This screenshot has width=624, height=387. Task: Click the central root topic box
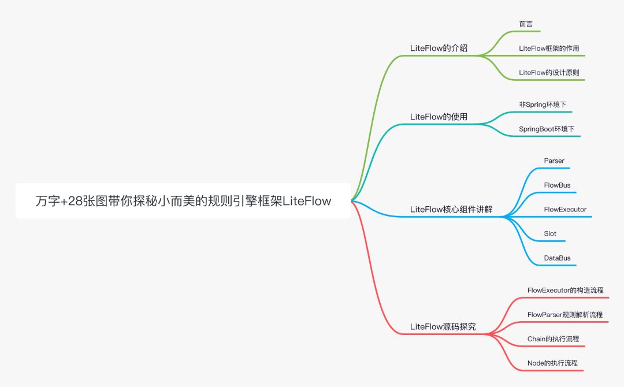click(183, 201)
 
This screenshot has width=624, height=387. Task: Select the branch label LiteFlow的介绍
click(439, 49)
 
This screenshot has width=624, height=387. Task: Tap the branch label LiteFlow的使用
click(439, 117)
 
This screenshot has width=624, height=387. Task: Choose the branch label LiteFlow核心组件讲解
click(451, 209)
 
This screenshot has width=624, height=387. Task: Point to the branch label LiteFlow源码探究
click(443, 326)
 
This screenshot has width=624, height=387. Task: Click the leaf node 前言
click(526, 24)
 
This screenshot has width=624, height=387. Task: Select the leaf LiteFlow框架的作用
click(549, 49)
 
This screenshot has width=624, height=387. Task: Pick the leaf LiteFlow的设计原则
click(549, 73)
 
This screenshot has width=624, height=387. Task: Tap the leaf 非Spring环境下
click(542, 105)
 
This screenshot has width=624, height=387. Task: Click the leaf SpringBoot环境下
click(547, 129)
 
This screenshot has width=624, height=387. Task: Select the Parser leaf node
click(554, 161)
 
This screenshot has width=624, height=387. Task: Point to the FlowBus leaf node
click(557, 185)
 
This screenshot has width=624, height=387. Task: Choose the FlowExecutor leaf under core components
click(565, 209)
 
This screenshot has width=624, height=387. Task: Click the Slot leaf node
click(550, 233)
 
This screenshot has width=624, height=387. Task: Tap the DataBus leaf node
click(557, 258)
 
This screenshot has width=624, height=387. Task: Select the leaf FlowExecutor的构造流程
click(565, 290)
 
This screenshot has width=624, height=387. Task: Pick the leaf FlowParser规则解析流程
click(564, 314)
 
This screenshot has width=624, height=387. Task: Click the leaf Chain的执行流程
click(553, 338)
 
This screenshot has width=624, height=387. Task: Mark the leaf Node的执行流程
click(552, 363)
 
